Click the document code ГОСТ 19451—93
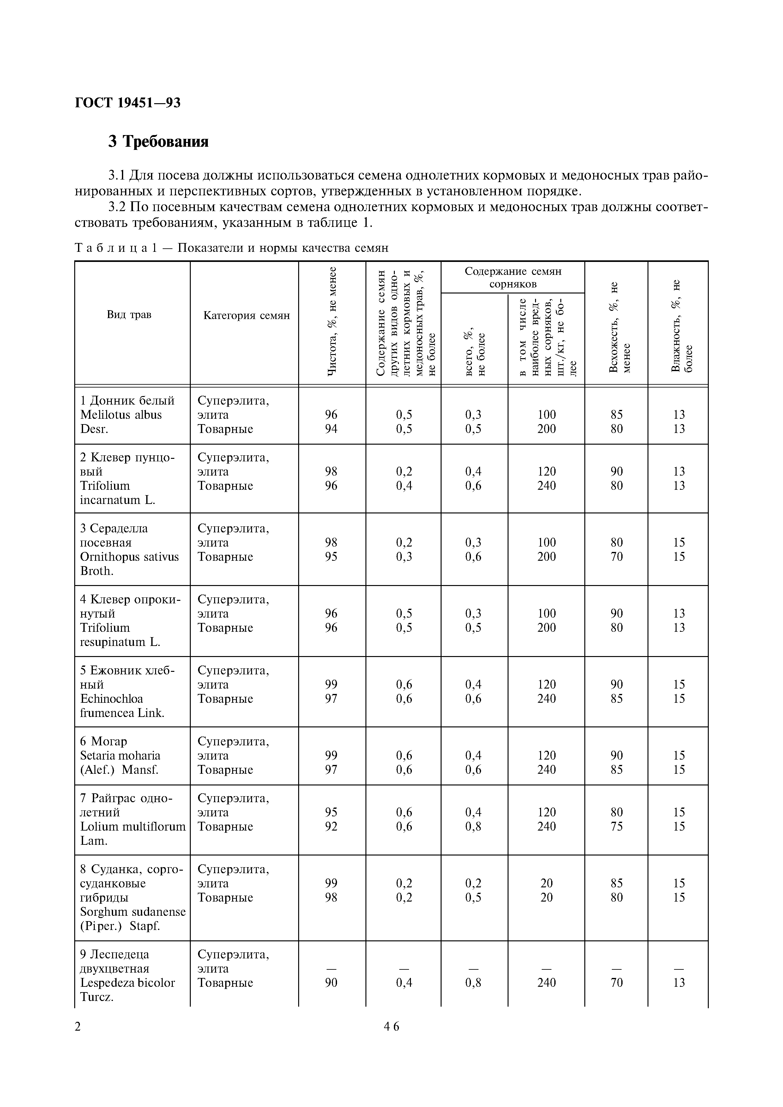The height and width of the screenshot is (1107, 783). click(x=128, y=103)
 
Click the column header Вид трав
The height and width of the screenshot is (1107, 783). click(x=129, y=315)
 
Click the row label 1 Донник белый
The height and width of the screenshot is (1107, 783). click(x=127, y=401)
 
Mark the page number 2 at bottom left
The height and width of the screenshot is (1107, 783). click(x=78, y=1040)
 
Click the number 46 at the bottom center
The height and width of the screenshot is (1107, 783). click(x=391, y=1040)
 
